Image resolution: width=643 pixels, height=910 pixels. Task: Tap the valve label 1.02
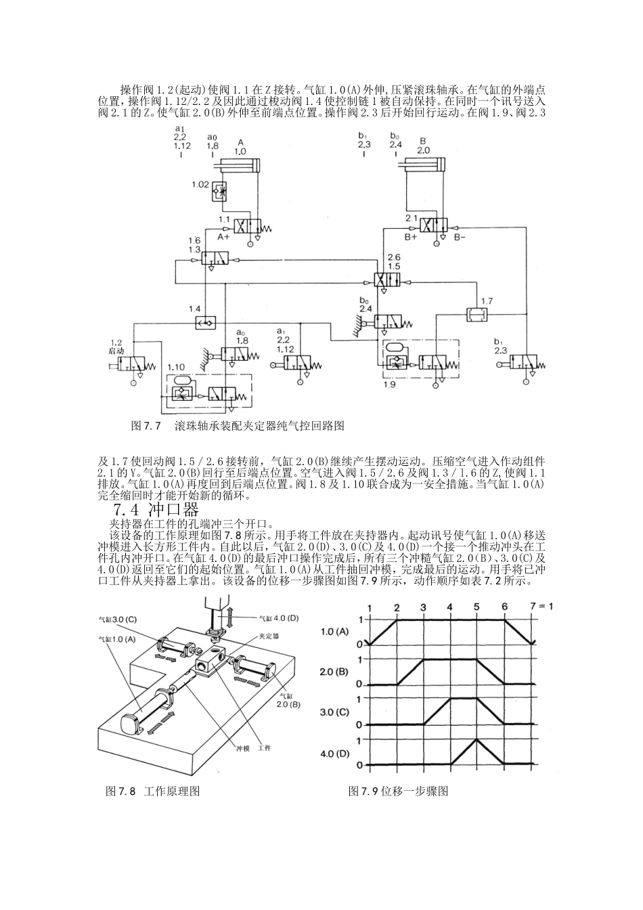(x=200, y=184)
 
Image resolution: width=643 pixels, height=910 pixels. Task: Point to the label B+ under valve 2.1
(x=411, y=238)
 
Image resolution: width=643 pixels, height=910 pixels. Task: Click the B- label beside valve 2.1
(x=460, y=238)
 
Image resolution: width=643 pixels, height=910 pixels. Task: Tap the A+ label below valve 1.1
(x=223, y=238)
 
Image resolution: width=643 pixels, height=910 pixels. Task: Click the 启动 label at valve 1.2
(x=116, y=352)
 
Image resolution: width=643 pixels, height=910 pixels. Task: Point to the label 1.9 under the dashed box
(x=388, y=385)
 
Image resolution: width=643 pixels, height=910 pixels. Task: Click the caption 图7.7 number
(x=146, y=426)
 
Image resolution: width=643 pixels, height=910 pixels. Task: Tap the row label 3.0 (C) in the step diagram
(x=334, y=712)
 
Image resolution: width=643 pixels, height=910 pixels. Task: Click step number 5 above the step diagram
(x=476, y=606)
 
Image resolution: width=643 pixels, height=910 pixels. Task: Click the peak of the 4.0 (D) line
(x=476, y=739)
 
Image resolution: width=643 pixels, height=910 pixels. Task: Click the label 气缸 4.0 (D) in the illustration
(x=280, y=617)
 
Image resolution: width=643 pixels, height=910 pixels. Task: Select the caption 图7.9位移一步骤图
(x=398, y=792)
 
